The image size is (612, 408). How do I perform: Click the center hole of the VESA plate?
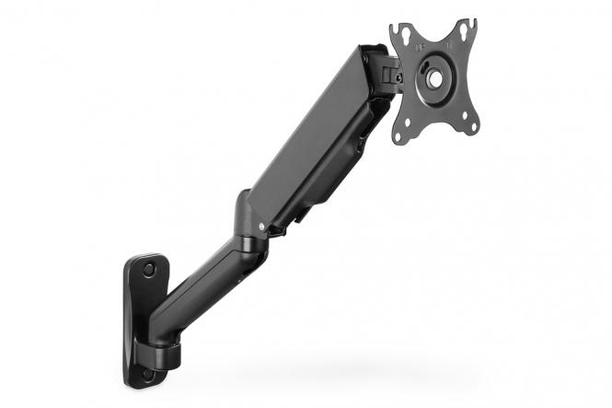point(433,79)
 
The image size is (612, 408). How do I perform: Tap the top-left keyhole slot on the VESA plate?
point(403,38)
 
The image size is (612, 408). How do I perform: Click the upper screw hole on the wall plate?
point(148,269)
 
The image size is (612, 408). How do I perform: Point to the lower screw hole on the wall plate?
point(147,374)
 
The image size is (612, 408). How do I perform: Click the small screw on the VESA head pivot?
point(398,78)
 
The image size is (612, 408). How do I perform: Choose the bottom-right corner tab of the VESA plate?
point(471,125)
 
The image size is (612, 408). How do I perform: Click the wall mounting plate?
point(141,313)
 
